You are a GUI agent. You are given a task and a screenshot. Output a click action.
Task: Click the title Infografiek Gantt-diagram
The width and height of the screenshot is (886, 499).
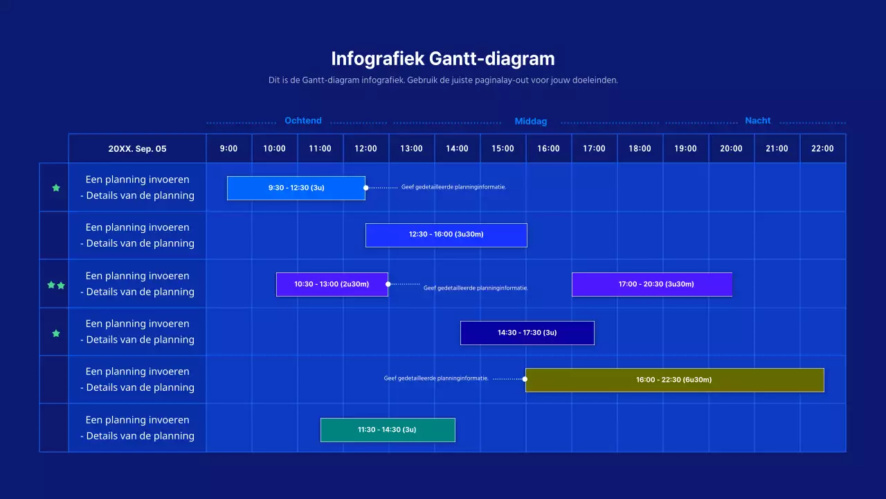(442, 58)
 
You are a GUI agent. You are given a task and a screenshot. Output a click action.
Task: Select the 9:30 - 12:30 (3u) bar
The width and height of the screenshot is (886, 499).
(296, 188)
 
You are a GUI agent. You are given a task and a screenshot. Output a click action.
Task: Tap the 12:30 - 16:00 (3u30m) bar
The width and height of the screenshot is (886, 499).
(446, 235)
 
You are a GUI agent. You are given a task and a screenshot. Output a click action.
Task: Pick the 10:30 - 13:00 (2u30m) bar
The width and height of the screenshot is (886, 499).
(332, 284)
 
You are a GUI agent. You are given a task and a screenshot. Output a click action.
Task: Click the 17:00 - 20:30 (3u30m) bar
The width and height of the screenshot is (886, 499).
(651, 284)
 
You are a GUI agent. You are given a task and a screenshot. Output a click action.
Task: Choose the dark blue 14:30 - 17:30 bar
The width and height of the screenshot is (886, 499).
(527, 333)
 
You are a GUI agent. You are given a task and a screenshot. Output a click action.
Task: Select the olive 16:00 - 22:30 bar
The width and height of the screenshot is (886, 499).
(674, 380)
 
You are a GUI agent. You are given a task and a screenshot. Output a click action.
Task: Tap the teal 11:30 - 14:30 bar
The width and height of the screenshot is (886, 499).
(388, 430)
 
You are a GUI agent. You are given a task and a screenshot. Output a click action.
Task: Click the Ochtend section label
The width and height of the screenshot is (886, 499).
(303, 121)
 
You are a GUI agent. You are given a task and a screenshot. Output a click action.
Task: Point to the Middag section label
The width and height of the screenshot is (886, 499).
(531, 121)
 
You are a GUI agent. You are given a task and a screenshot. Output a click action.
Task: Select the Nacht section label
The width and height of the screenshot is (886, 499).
(757, 121)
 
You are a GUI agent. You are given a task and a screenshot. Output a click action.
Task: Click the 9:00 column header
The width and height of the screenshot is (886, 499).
(228, 148)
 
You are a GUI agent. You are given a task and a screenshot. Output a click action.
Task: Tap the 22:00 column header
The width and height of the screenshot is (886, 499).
(822, 148)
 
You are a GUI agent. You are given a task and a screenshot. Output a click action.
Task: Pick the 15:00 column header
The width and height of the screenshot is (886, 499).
(503, 148)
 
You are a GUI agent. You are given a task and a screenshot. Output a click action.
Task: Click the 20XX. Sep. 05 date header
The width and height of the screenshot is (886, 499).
(137, 148)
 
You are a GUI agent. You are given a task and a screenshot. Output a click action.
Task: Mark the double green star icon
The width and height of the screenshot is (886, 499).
(56, 285)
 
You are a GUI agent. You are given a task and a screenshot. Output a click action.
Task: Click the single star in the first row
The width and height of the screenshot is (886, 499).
(56, 188)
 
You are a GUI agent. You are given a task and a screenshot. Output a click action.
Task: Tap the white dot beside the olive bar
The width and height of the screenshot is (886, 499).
(525, 379)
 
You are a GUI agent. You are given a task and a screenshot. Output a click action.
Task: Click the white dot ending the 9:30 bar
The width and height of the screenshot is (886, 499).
(365, 187)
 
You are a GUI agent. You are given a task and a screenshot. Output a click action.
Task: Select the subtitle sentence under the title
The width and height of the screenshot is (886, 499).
(442, 80)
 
